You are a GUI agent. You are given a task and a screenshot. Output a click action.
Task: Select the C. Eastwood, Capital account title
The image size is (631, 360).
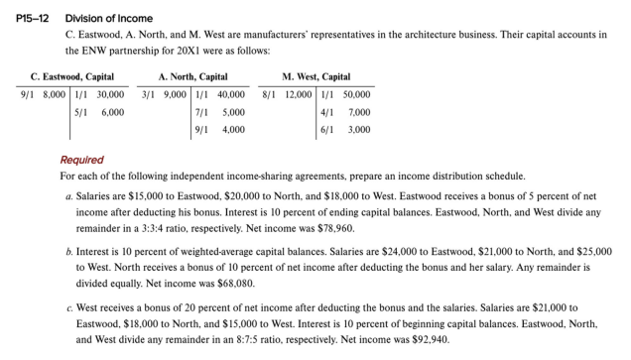tap(71, 77)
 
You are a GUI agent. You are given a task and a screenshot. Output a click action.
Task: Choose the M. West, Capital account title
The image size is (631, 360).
tap(315, 77)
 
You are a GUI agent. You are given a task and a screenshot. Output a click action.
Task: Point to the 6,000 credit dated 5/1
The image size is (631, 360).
tap(113, 112)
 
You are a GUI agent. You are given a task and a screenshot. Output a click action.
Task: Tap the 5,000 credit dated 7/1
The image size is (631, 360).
tap(234, 112)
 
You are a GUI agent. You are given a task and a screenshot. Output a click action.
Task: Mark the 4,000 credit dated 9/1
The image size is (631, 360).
tap(234, 130)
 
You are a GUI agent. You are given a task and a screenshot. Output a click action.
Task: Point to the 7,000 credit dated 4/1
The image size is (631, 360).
tap(358, 112)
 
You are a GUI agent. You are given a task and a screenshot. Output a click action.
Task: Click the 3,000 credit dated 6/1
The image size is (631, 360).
tap(358, 130)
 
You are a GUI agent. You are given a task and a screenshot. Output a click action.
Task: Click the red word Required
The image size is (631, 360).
tap(81, 160)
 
